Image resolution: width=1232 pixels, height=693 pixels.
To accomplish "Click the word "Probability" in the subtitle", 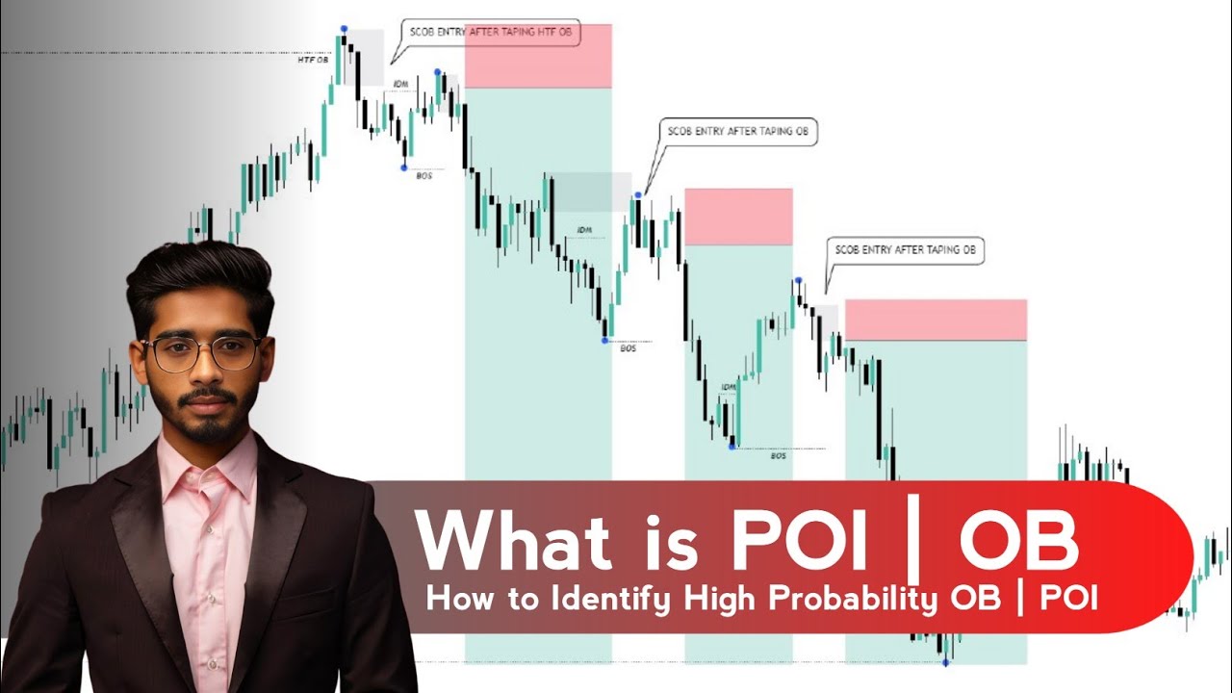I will click(852, 601).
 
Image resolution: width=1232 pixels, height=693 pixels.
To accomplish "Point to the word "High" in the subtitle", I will click(721, 599).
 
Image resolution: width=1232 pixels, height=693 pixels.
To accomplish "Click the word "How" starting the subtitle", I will click(456, 599).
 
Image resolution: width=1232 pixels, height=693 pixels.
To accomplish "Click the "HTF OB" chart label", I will click(313, 60).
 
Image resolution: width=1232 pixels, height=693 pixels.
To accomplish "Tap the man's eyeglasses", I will click(202, 352).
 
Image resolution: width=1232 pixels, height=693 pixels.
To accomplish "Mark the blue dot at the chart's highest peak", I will click(344, 30).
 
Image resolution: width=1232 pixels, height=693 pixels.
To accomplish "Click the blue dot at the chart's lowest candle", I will click(946, 662).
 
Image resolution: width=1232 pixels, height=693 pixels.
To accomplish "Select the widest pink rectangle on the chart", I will click(936, 320).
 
